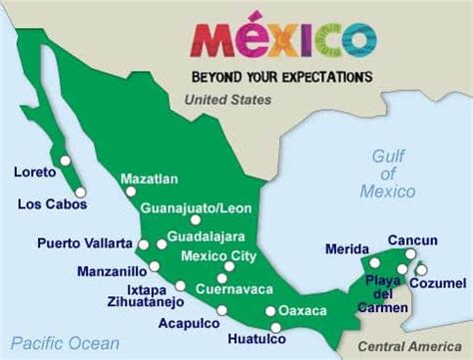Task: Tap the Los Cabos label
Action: click(x=52, y=204)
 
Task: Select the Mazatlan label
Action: click(x=149, y=180)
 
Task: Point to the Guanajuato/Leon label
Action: click(x=196, y=208)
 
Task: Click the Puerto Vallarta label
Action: click(x=85, y=242)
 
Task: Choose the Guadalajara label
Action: click(x=205, y=238)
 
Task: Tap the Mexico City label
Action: click(x=218, y=256)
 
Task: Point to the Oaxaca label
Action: click(x=302, y=309)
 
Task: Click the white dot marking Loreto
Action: click(x=65, y=160)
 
